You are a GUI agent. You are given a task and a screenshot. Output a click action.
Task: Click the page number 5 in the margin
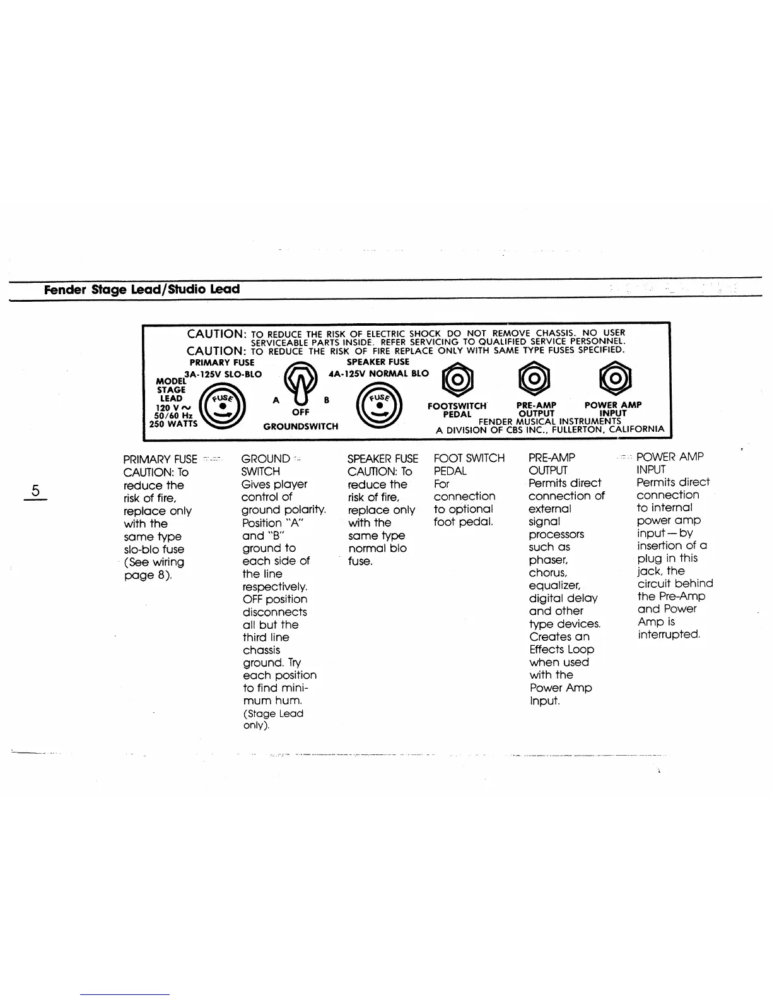coord(36,490)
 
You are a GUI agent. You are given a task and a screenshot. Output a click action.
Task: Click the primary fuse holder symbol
coord(221,407)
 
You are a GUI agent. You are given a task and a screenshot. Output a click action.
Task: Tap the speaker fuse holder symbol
coord(378,407)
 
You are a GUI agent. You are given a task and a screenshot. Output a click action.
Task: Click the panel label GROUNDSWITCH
coord(301,427)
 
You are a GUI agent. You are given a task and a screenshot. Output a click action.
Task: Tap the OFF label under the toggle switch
coord(300,412)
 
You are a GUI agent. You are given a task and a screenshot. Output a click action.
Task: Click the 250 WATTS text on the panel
coord(173,424)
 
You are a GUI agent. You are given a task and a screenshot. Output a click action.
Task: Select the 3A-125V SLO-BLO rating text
coord(223,374)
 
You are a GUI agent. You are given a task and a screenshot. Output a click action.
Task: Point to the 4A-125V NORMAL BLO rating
coord(378,373)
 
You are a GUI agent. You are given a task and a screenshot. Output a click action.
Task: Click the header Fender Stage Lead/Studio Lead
coord(142,290)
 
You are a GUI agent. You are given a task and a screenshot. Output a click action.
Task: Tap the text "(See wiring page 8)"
coord(154,569)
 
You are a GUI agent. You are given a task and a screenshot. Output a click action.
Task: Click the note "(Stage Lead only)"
coord(273,719)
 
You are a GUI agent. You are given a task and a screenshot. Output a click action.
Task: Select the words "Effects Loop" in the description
coord(561,649)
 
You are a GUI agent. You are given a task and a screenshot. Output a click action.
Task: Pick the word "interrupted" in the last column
coord(669,634)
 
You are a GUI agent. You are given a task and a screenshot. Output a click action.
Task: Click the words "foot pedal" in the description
coord(463,522)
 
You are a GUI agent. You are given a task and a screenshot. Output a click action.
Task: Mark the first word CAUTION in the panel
coord(216,333)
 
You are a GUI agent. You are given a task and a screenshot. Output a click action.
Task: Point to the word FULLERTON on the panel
coord(573,429)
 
